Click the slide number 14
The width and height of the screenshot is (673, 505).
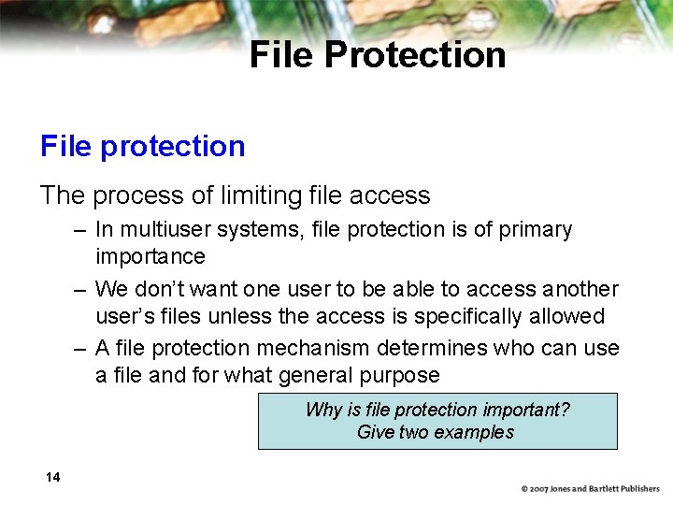[52, 478]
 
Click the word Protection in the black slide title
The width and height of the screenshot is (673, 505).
[415, 55]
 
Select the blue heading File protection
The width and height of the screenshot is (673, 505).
[142, 146]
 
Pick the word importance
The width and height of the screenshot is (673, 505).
[150, 256]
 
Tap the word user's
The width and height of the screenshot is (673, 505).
[127, 316]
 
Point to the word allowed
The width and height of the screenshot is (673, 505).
[571, 316]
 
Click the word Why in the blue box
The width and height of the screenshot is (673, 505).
[323, 411]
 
